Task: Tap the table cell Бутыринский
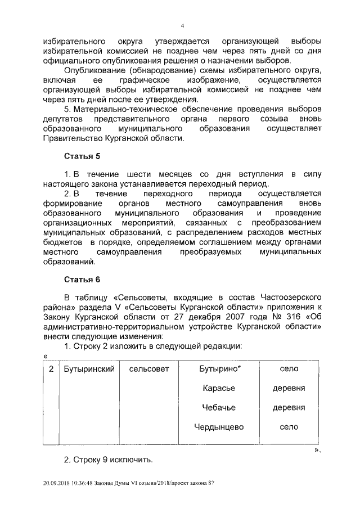[89, 369]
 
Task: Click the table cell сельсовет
[148, 369]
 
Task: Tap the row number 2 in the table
[51, 369]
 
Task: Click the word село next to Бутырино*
[289, 369]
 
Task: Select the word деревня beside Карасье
[289, 388]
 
